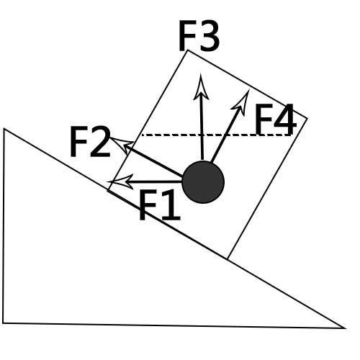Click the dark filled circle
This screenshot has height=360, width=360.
(x=203, y=182)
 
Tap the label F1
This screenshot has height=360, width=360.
(x=160, y=204)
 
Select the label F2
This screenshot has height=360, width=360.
(x=90, y=142)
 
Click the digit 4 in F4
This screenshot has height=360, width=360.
(x=284, y=120)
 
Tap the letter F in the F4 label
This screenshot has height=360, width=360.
(x=264, y=120)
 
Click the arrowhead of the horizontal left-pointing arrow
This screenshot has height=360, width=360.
(x=120, y=181)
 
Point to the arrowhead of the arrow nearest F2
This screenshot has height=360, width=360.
(x=121, y=145)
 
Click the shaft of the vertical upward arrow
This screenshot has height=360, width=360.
(x=202, y=129)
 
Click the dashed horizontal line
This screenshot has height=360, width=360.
(x=216, y=135)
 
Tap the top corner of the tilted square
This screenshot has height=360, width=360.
(x=188, y=50)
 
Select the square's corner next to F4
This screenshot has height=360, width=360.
(x=307, y=118)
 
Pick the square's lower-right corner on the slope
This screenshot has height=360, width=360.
(x=228, y=259)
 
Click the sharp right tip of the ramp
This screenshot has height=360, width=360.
(x=346, y=328)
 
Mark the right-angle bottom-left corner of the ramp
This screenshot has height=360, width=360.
(x=3, y=323)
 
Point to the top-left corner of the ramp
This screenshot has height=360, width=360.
(x=4, y=129)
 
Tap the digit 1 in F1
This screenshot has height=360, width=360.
(x=171, y=204)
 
